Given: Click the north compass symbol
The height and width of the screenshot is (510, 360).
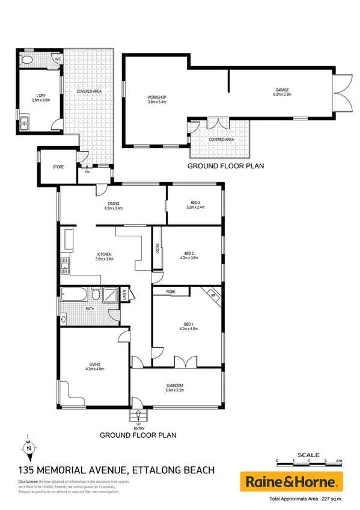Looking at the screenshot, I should click(x=28, y=447).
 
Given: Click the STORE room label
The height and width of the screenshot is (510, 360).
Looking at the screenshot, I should click(x=58, y=168).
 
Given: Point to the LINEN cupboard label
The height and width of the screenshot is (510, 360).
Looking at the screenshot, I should click(x=124, y=295).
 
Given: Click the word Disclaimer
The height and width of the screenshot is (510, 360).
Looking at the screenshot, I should click(x=28, y=482).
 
